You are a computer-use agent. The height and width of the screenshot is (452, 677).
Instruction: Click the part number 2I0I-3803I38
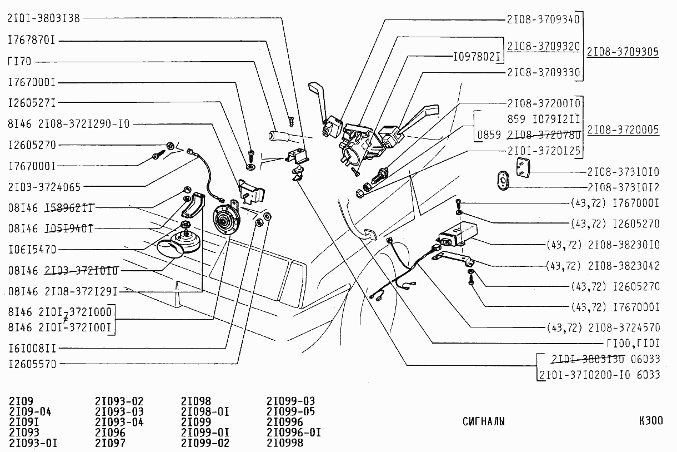pyautogui.click(x=44, y=18)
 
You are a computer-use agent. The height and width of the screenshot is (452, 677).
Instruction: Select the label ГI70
pyautogui.click(x=19, y=61)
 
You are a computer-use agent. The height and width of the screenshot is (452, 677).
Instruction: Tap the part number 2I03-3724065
pyautogui.click(x=44, y=186)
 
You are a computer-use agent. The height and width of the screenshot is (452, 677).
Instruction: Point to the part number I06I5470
pyautogui.click(x=32, y=250)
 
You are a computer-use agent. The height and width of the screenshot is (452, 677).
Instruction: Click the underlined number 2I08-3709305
pyautogui.click(x=623, y=52)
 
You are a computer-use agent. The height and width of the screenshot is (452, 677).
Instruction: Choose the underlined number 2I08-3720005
pyautogui.click(x=623, y=130)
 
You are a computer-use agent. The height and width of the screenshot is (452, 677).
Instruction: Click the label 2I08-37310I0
pyautogui.click(x=624, y=172)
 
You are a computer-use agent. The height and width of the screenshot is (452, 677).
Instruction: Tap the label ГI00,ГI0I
pyautogui.click(x=634, y=342)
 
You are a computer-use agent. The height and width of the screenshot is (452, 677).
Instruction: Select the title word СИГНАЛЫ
pyautogui.click(x=484, y=421)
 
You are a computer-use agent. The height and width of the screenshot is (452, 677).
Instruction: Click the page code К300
pyautogui.click(x=650, y=420)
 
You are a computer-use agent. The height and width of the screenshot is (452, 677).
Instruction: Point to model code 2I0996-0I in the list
pyautogui.click(x=293, y=433)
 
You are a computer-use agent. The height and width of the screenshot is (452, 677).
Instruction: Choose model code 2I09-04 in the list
pyautogui.click(x=31, y=411)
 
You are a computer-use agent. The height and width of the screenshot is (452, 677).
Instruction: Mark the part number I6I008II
pyautogui.click(x=32, y=349)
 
